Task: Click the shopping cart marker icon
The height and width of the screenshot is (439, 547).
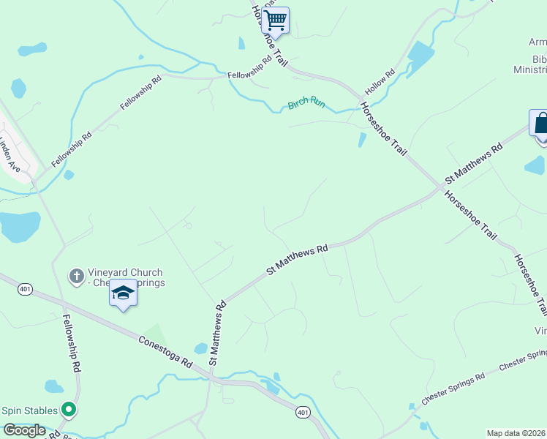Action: [275, 20]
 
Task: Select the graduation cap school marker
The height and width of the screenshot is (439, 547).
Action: [123, 294]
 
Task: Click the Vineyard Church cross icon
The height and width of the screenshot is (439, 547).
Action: [75, 276]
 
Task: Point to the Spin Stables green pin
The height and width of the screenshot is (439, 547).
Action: [69, 410]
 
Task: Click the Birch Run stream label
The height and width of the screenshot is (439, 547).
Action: [306, 103]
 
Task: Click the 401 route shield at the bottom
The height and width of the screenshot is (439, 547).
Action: [303, 413]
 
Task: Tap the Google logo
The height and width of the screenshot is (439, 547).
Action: [24, 430]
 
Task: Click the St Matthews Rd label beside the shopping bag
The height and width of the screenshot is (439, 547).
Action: [474, 163]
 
